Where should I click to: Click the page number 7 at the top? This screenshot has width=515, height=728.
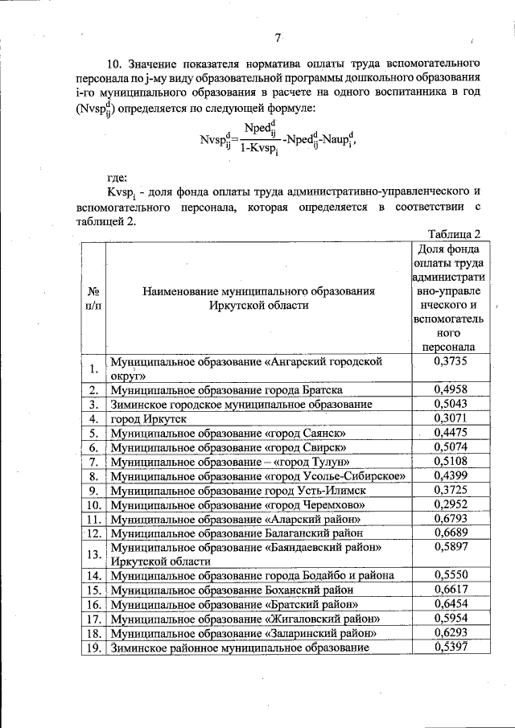pos(276,37)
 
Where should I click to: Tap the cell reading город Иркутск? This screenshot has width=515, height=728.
pos(148,419)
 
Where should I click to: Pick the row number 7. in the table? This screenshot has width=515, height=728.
pos(93,462)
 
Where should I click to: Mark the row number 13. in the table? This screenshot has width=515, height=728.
pos(93,554)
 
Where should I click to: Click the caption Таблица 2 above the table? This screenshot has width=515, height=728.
pos(455,234)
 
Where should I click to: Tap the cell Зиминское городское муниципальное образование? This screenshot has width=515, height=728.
pos(241,405)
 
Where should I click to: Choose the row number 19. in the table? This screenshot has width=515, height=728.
pos(93,648)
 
